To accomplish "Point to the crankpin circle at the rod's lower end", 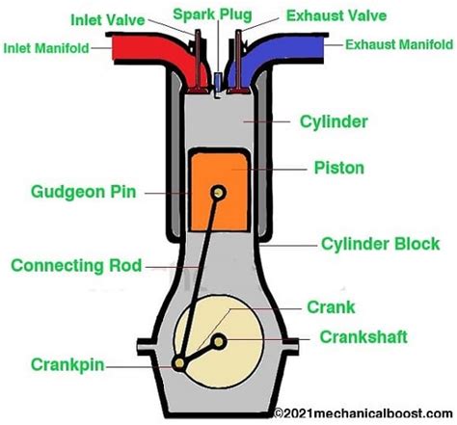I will point(181,363).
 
